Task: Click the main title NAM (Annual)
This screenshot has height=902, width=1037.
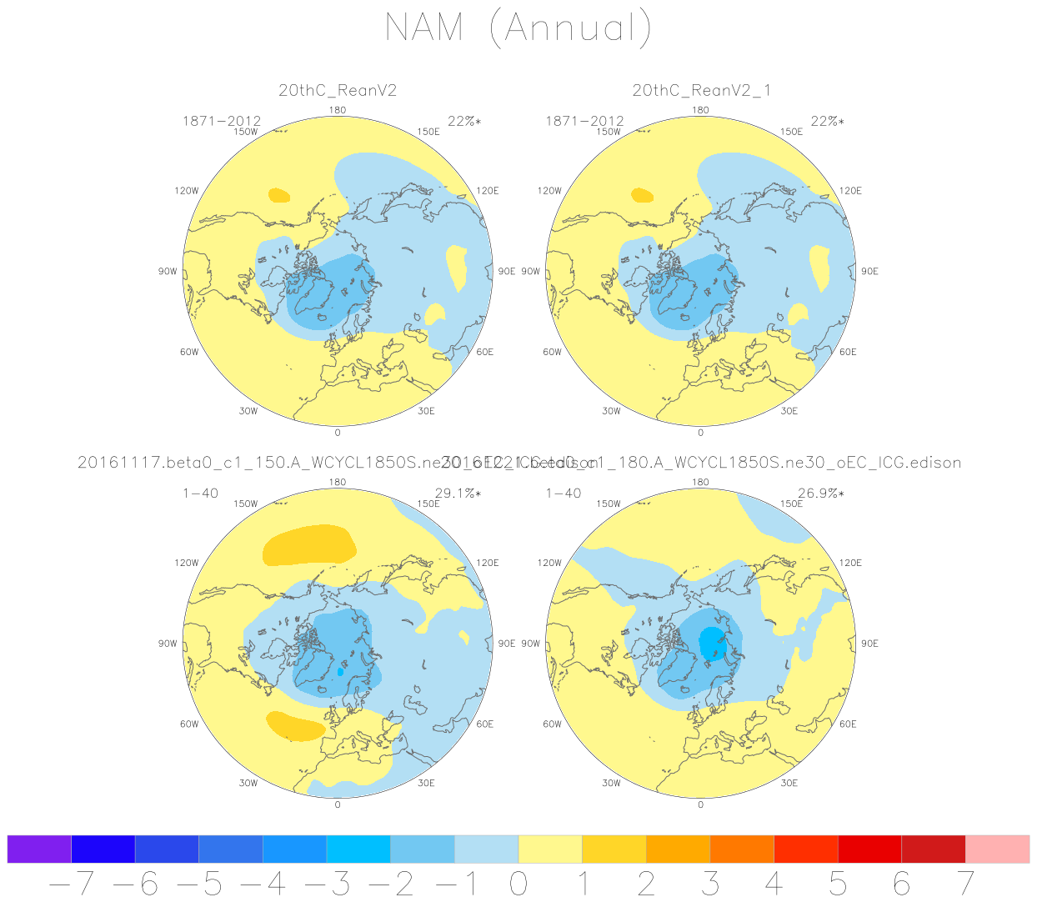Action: pos(518,28)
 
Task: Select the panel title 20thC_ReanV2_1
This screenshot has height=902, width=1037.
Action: pos(701,91)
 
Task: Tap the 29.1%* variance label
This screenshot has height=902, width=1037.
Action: pos(458,494)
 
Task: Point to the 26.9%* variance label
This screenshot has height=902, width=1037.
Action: pos(820,494)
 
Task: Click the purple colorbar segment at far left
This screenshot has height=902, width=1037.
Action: pos(39,849)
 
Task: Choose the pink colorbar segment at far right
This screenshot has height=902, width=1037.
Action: pos(997,849)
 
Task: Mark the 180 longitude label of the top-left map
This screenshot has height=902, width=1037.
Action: pos(338,110)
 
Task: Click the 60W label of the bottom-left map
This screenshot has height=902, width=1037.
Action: pos(189,724)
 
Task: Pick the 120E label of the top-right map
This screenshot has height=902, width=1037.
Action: pos(850,191)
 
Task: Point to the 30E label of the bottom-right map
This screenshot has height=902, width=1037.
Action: pos(789,783)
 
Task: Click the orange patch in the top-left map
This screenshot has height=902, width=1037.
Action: pos(278,196)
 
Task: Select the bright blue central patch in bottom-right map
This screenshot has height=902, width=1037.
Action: pos(713,643)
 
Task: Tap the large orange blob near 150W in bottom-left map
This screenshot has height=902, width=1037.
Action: pos(308,546)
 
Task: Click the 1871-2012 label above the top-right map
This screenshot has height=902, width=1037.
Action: pos(584,122)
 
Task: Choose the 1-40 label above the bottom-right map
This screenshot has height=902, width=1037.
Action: pos(564,494)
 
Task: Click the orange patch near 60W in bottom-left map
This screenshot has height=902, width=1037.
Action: pos(295,726)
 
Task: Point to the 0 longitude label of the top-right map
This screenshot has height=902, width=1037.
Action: pos(700,433)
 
